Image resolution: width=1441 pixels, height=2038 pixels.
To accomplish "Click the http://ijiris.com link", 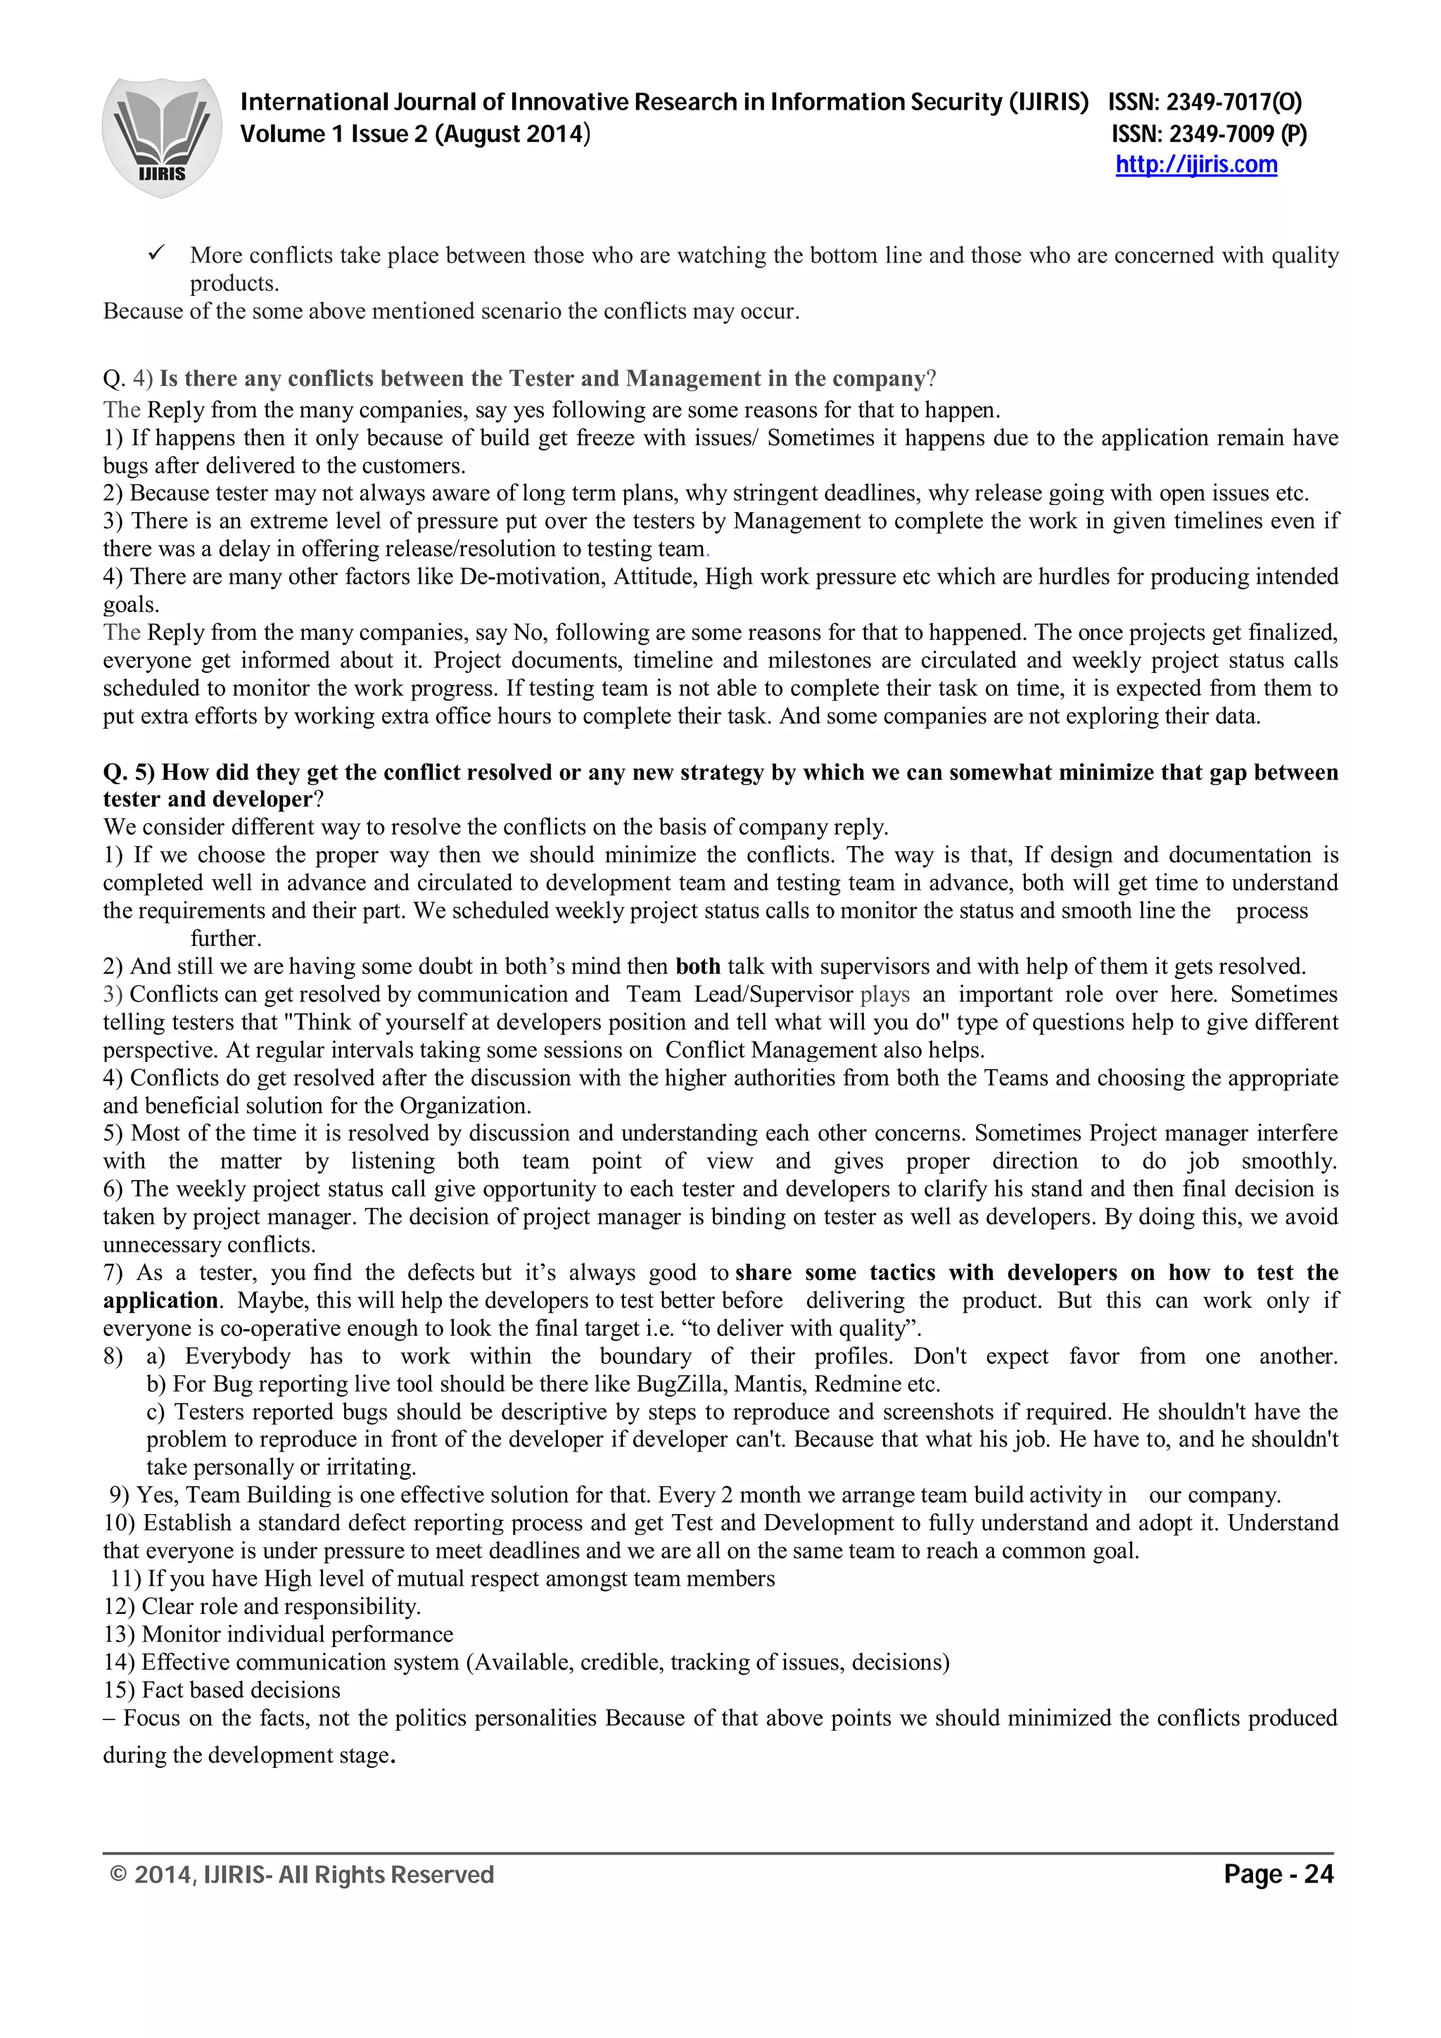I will coord(1196,165).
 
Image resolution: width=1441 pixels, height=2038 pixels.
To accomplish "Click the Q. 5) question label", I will coord(129,772).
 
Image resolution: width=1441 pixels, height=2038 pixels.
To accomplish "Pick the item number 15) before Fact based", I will coord(119,1690).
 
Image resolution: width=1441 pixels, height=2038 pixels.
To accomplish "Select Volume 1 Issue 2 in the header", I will coord(335,134).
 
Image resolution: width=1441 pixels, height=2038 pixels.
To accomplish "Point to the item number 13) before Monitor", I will coord(119,1634).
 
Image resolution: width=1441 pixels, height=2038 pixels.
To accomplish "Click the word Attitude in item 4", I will coord(655,577).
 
